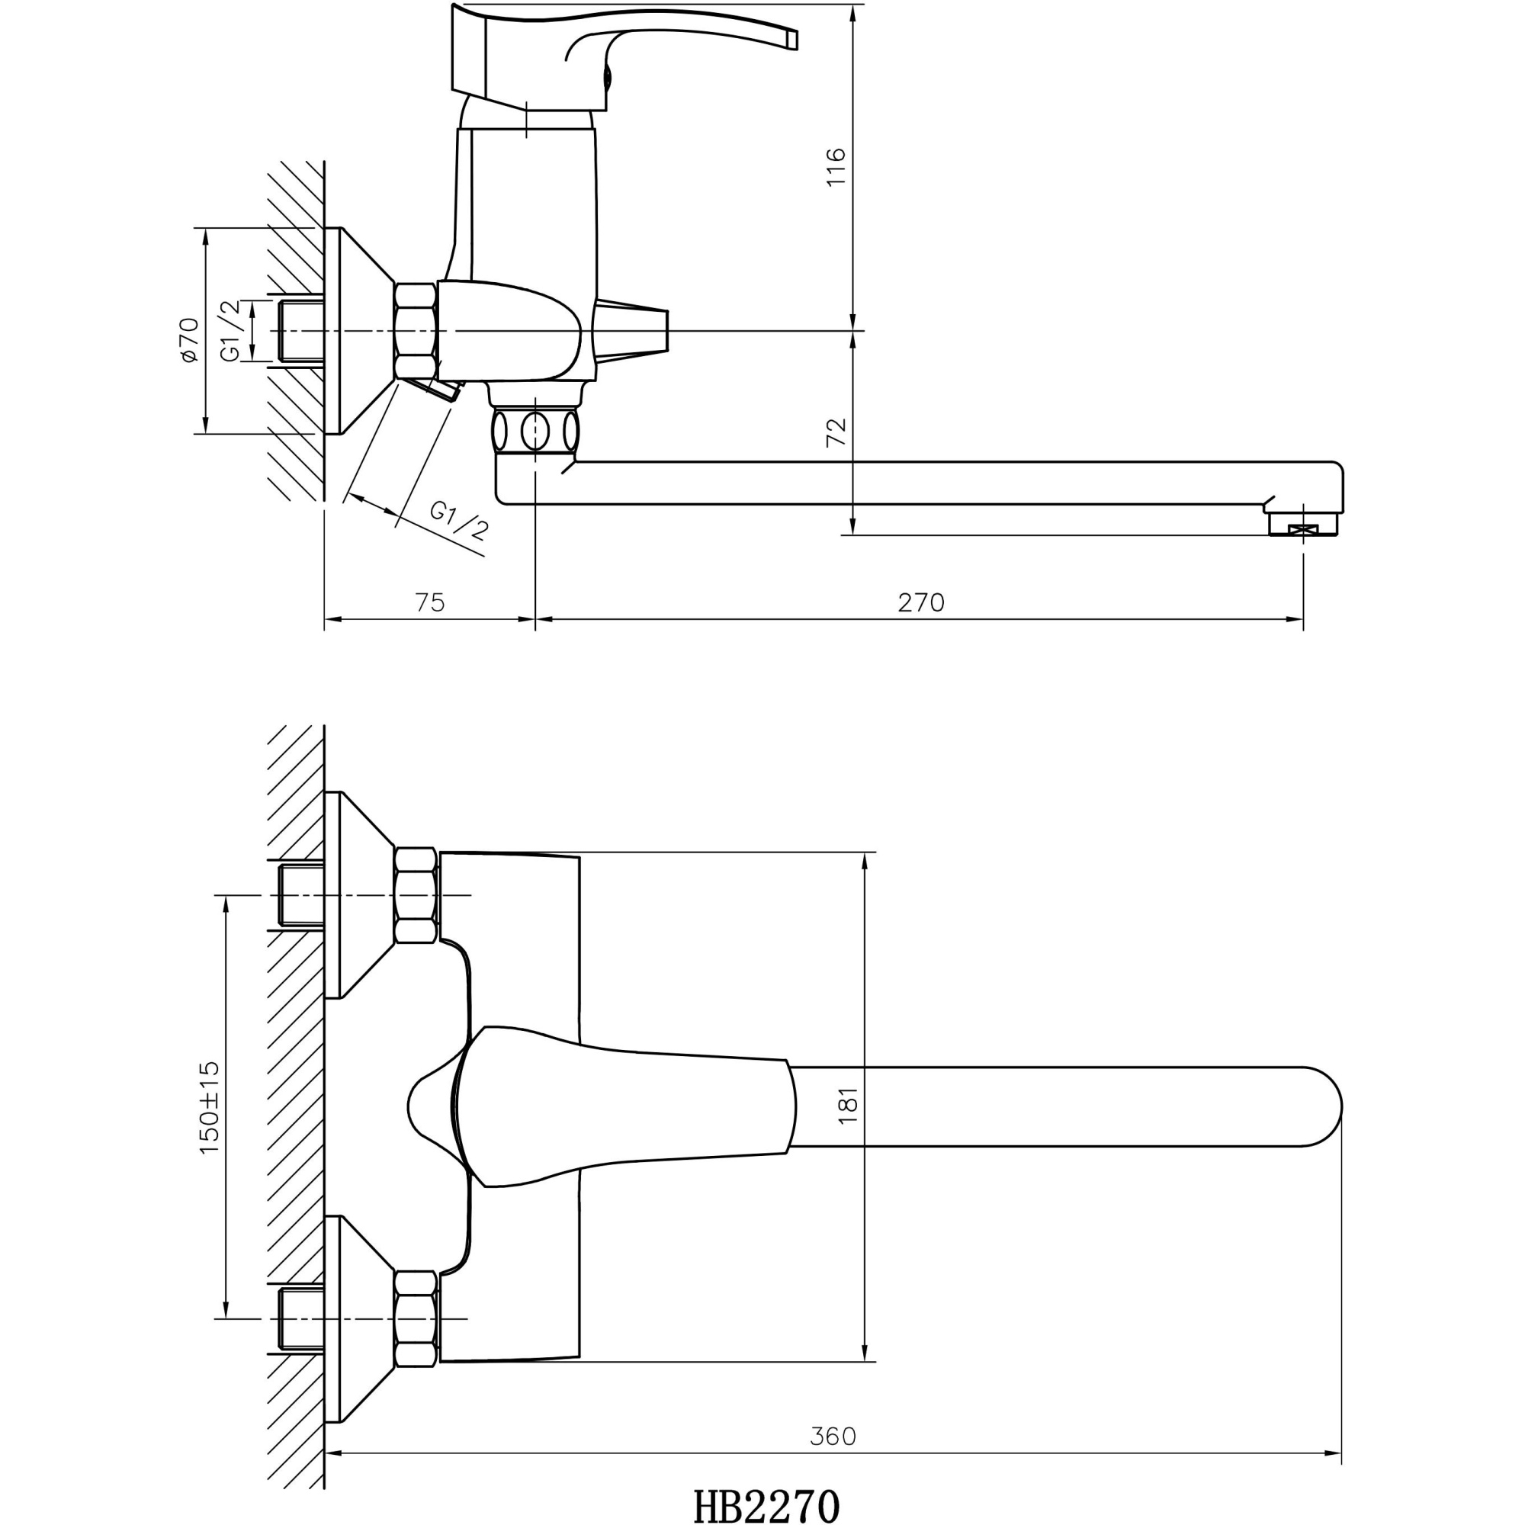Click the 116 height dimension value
click(835, 166)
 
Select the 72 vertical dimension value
click(835, 432)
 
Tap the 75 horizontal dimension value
click(429, 603)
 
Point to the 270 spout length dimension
click(920, 603)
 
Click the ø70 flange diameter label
click(188, 339)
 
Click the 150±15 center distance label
click(209, 1107)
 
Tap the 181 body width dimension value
click(847, 1105)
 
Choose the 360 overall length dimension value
click(832, 1437)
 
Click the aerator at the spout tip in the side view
click(1302, 528)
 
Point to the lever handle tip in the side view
click(791, 39)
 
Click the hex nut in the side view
click(416, 331)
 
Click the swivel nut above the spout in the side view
click(535, 431)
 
